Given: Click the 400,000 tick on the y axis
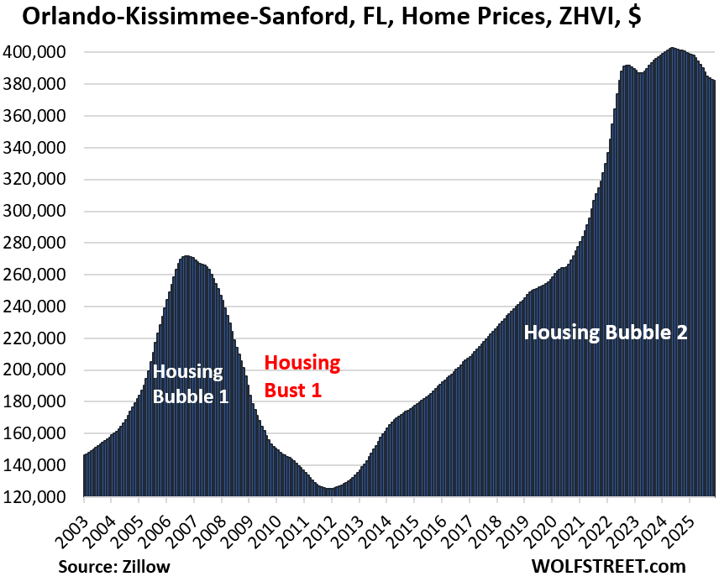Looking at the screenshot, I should pos(40,52).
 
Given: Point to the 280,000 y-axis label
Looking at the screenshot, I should pos(40,243).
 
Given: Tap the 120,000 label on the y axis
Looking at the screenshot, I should pos(40,497).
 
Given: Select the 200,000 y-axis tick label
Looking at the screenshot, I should pos(40,369).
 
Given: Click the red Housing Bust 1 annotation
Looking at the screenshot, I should pos(302,375).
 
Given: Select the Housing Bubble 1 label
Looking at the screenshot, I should pos(190,383).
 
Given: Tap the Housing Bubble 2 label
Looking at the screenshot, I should pos(606,333).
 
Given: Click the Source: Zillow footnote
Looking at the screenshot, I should pos(115,567).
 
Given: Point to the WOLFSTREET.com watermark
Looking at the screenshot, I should pos(608,567).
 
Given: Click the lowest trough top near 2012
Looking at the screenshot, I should pos(330,488).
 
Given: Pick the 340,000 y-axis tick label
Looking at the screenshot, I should pos(40,148).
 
